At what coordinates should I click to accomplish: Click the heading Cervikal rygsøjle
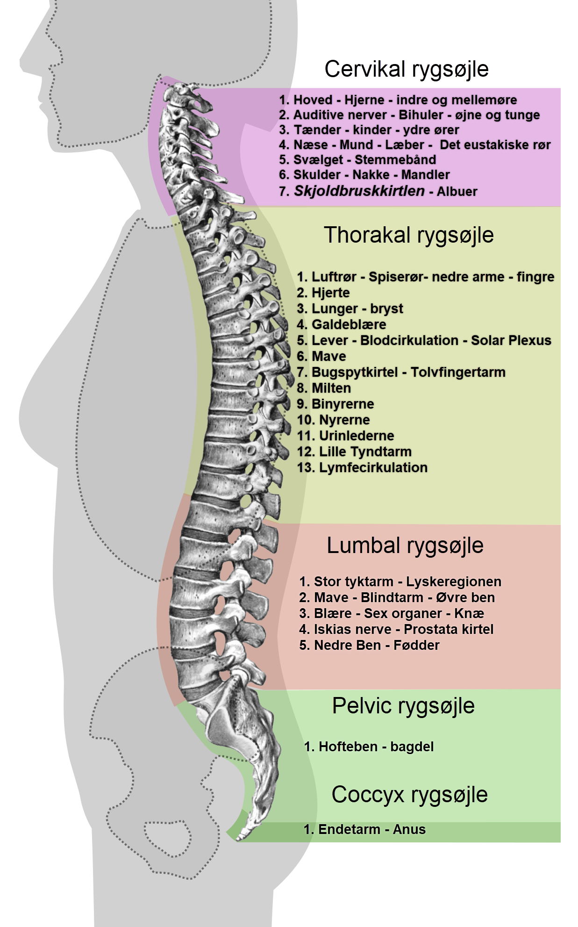click(x=407, y=70)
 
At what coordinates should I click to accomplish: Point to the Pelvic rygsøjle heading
click(x=403, y=706)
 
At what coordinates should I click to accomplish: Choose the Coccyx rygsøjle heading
click(x=410, y=795)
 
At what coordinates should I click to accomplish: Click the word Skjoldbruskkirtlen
click(x=359, y=191)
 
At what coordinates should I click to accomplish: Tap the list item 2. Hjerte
click(x=323, y=293)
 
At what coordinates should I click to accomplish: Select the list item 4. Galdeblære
click(x=342, y=324)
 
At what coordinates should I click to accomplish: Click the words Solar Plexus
click(x=511, y=340)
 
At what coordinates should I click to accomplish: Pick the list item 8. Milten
click(x=324, y=388)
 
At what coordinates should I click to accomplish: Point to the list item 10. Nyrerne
click(x=334, y=420)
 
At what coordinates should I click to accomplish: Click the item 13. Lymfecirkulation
click(x=363, y=467)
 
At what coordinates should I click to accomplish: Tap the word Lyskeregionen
click(x=454, y=582)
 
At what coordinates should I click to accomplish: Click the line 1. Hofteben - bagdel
click(x=369, y=747)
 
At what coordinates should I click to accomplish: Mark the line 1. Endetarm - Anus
click(x=364, y=829)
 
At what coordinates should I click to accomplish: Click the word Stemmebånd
click(x=395, y=160)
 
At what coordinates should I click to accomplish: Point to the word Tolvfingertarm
click(x=458, y=372)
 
